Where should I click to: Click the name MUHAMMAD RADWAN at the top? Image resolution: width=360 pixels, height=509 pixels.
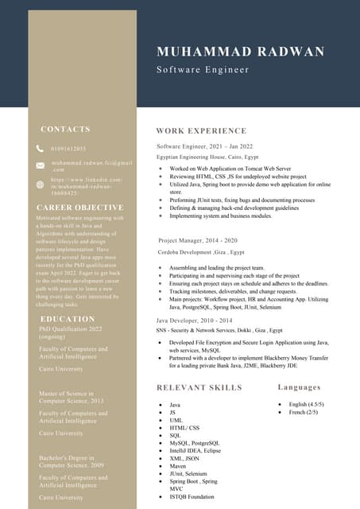pyautogui.click(x=241, y=52)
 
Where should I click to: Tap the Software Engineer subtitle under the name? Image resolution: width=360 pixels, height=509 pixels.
pyautogui.click(x=203, y=70)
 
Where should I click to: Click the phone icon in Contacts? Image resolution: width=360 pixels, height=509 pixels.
pyautogui.click(x=41, y=149)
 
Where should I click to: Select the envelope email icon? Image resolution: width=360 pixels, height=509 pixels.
pyautogui.click(x=41, y=165)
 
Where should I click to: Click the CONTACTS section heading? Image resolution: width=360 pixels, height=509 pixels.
pyautogui.click(x=65, y=129)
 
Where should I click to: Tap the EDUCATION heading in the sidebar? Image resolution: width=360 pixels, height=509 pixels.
pyautogui.click(x=68, y=319)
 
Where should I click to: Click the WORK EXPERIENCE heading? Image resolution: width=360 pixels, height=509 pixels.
pyautogui.click(x=201, y=130)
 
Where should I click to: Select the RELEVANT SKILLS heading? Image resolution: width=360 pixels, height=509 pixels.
pyautogui.click(x=199, y=388)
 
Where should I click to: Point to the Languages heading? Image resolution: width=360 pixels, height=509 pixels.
pyautogui.click(x=300, y=387)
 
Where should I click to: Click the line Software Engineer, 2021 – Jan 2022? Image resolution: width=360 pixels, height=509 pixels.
pyautogui.click(x=204, y=146)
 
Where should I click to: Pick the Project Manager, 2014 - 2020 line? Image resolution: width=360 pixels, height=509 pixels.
pyautogui.click(x=197, y=239)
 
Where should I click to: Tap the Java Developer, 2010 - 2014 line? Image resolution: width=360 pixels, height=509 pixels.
pyautogui.click(x=194, y=319)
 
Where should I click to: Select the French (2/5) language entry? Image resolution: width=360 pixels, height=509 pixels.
pyautogui.click(x=302, y=412)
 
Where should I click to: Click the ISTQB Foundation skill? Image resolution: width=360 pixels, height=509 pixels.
pyautogui.click(x=192, y=496)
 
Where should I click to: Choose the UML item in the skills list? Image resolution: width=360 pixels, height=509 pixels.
pyautogui.click(x=176, y=420)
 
